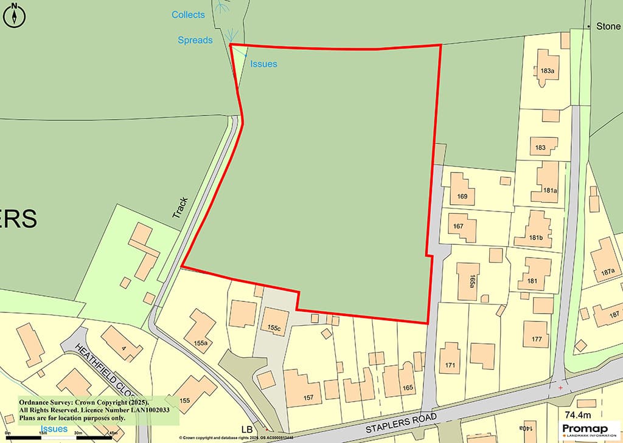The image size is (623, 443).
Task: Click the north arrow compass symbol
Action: (x=13, y=15)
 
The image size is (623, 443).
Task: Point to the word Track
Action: (x=180, y=208)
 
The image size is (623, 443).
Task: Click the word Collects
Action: (x=188, y=15)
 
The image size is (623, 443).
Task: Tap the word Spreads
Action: (x=195, y=40)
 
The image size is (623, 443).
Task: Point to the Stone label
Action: (x=608, y=27)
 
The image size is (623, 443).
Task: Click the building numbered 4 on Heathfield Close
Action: (x=122, y=347)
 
